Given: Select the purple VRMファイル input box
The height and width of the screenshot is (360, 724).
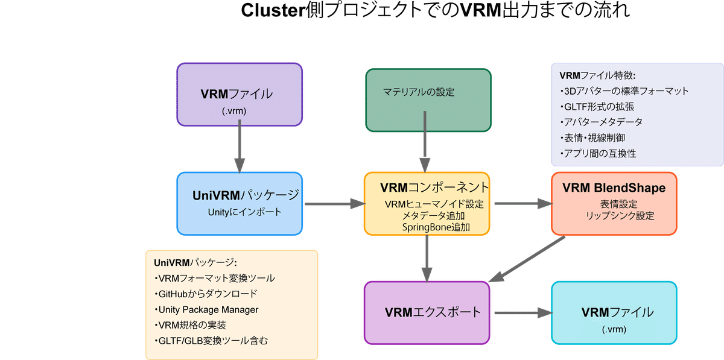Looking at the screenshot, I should (239, 95).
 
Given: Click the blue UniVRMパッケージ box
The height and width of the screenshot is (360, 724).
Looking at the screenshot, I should (240, 203).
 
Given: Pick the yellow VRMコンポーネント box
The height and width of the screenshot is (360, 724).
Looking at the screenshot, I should (427, 203).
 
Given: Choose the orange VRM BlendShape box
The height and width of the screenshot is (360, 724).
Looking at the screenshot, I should (614, 203).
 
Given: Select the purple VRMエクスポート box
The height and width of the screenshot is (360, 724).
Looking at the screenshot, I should (427, 312).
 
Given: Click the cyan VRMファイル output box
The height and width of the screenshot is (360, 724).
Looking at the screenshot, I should (614, 312).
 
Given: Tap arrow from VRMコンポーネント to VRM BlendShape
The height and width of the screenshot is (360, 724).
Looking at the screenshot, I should (522, 204).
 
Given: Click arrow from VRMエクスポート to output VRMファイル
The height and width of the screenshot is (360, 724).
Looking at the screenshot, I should (522, 312).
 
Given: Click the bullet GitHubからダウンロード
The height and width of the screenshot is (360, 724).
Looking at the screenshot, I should (206, 294).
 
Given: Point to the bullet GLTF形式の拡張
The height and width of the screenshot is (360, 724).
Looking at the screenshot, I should (597, 107).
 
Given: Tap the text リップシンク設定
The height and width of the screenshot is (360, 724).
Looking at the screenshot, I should (620, 216).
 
